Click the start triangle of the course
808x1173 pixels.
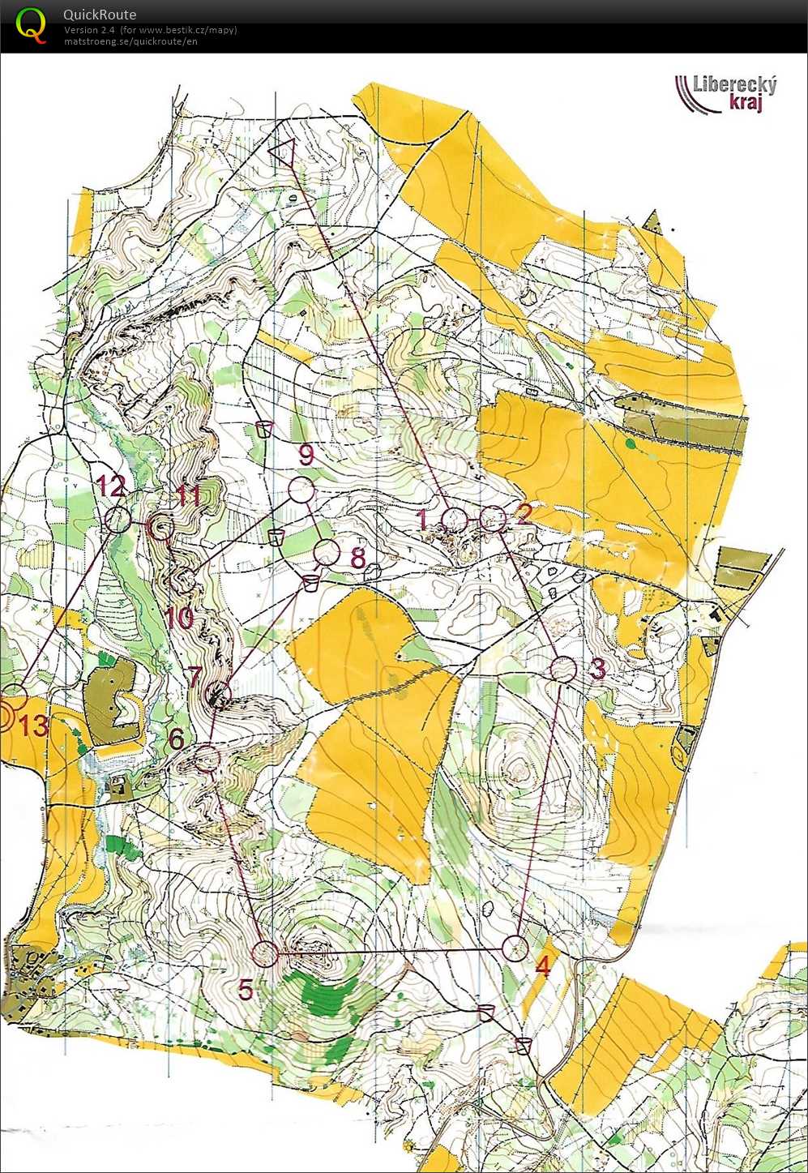282,151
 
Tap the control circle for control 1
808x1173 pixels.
455,520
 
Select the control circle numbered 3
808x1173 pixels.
563,670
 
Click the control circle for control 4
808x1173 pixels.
515,948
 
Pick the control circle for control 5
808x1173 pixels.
265,954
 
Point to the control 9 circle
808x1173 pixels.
301,490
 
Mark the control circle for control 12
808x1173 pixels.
118,519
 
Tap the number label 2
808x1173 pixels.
524,512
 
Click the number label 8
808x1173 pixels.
358,558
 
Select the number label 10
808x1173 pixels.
179,619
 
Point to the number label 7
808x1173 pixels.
195,675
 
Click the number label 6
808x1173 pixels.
177,738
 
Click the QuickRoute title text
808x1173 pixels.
100,15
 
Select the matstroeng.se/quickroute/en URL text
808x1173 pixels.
130,41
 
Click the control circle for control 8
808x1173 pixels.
327,552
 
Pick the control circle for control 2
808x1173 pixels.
493,518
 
